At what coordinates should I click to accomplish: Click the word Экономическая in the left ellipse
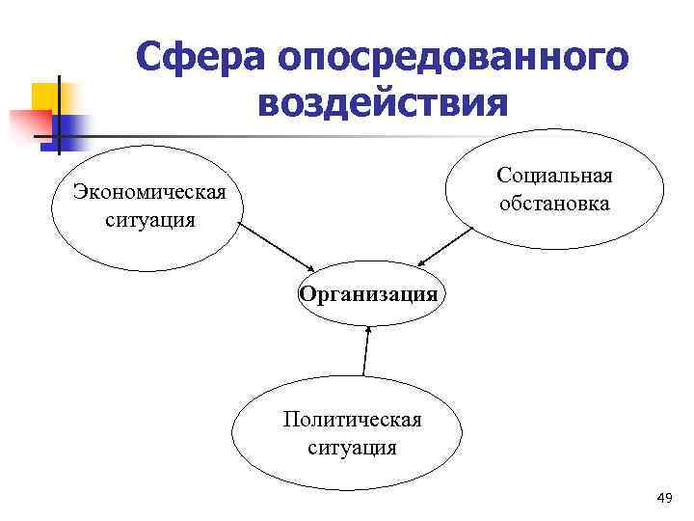pyautogui.click(x=150, y=192)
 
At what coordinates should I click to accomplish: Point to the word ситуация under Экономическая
pyautogui.click(x=150, y=219)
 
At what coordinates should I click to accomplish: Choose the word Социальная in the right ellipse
pyautogui.click(x=554, y=176)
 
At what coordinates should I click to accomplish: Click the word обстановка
pyautogui.click(x=554, y=203)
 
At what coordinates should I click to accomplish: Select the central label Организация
pyautogui.click(x=368, y=293)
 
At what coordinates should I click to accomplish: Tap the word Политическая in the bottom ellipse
pyautogui.click(x=352, y=420)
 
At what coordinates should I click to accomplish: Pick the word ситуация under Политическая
pyautogui.click(x=352, y=447)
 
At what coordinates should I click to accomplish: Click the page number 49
pyautogui.click(x=663, y=497)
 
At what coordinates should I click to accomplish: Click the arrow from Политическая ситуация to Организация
pyautogui.click(x=365, y=349)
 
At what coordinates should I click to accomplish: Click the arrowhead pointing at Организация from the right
pyautogui.click(x=423, y=263)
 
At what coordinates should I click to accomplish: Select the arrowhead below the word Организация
pyautogui.click(x=367, y=328)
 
